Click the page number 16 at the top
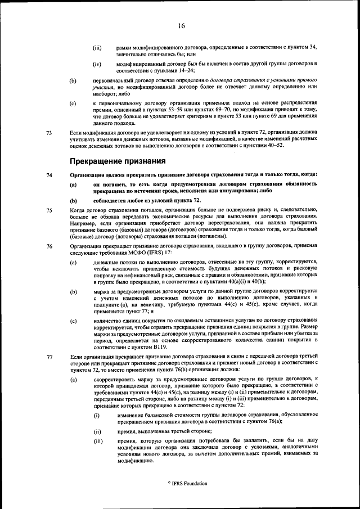click(x=181, y=26)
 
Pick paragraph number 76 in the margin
click(x=49, y=246)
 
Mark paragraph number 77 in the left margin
click(x=49, y=357)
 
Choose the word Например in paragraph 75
click(x=83, y=222)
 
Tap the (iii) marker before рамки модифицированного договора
click(x=97, y=48)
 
